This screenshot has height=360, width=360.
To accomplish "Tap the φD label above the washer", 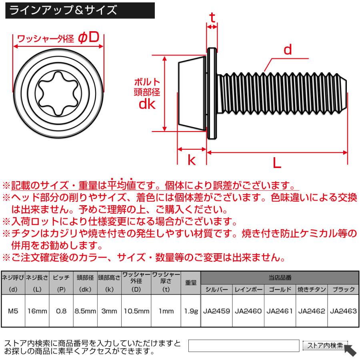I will click(x=89, y=38).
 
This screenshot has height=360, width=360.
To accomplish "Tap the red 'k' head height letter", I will click(x=191, y=160).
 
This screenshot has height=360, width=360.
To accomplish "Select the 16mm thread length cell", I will click(x=37, y=310).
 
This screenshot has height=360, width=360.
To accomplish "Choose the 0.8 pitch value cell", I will click(x=61, y=310).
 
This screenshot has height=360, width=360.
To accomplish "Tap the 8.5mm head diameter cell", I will click(x=85, y=310).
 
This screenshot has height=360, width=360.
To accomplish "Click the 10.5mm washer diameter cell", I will click(x=136, y=310).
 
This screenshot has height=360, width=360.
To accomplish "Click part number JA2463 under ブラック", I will click(x=343, y=310).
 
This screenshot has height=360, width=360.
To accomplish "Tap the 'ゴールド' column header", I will click(x=280, y=289).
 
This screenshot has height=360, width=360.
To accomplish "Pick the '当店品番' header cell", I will click(x=280, y=277).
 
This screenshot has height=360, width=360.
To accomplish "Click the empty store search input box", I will click(x=244, y=346).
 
